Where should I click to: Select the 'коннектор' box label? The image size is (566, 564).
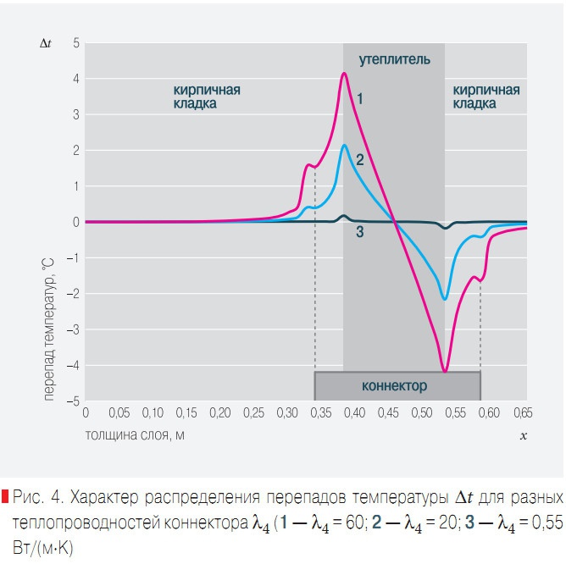coord(394,386)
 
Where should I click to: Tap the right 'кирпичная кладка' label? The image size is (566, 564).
coord(486,97)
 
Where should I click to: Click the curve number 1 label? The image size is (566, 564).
coord(360,99)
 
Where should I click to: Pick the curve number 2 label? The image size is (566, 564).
coord(360,159)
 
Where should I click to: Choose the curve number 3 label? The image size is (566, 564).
coord(360,232)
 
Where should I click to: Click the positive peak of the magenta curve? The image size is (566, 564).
coord(344,74)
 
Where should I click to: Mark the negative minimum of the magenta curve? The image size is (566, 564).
coord(445,371)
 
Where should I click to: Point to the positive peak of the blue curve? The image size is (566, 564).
coord(344,146)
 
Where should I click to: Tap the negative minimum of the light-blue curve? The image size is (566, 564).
coord(445,298)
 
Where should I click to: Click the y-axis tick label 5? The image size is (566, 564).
coord(76,42)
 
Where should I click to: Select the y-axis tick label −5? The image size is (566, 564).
coord(75,401)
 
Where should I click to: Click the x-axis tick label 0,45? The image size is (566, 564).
coord(388,413)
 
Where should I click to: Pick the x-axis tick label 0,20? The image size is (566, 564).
coord(219,413)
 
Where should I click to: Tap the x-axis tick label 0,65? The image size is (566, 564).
coord(523,413)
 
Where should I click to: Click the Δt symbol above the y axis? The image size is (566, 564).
coord(46,42)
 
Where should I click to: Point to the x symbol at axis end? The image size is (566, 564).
coord(523,435)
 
